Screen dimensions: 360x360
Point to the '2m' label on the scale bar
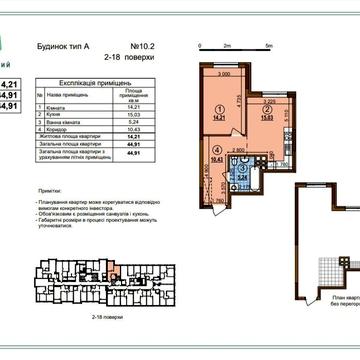point(228,48)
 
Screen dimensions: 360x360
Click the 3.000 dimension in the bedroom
point(224,75)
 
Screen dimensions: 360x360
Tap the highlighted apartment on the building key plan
point(113,266)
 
